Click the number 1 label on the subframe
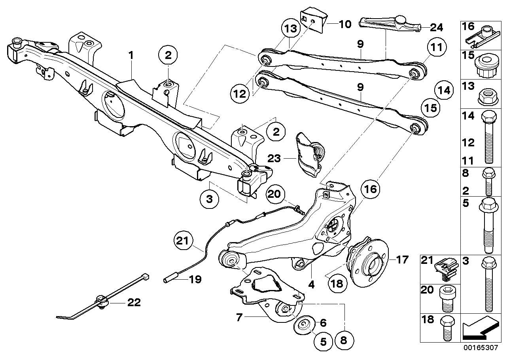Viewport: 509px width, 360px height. [131, 56]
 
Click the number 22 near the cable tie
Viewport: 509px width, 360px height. [133, 303]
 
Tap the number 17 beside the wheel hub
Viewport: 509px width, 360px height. [402, 260]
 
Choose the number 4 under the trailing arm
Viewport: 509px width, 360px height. [312, 284]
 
